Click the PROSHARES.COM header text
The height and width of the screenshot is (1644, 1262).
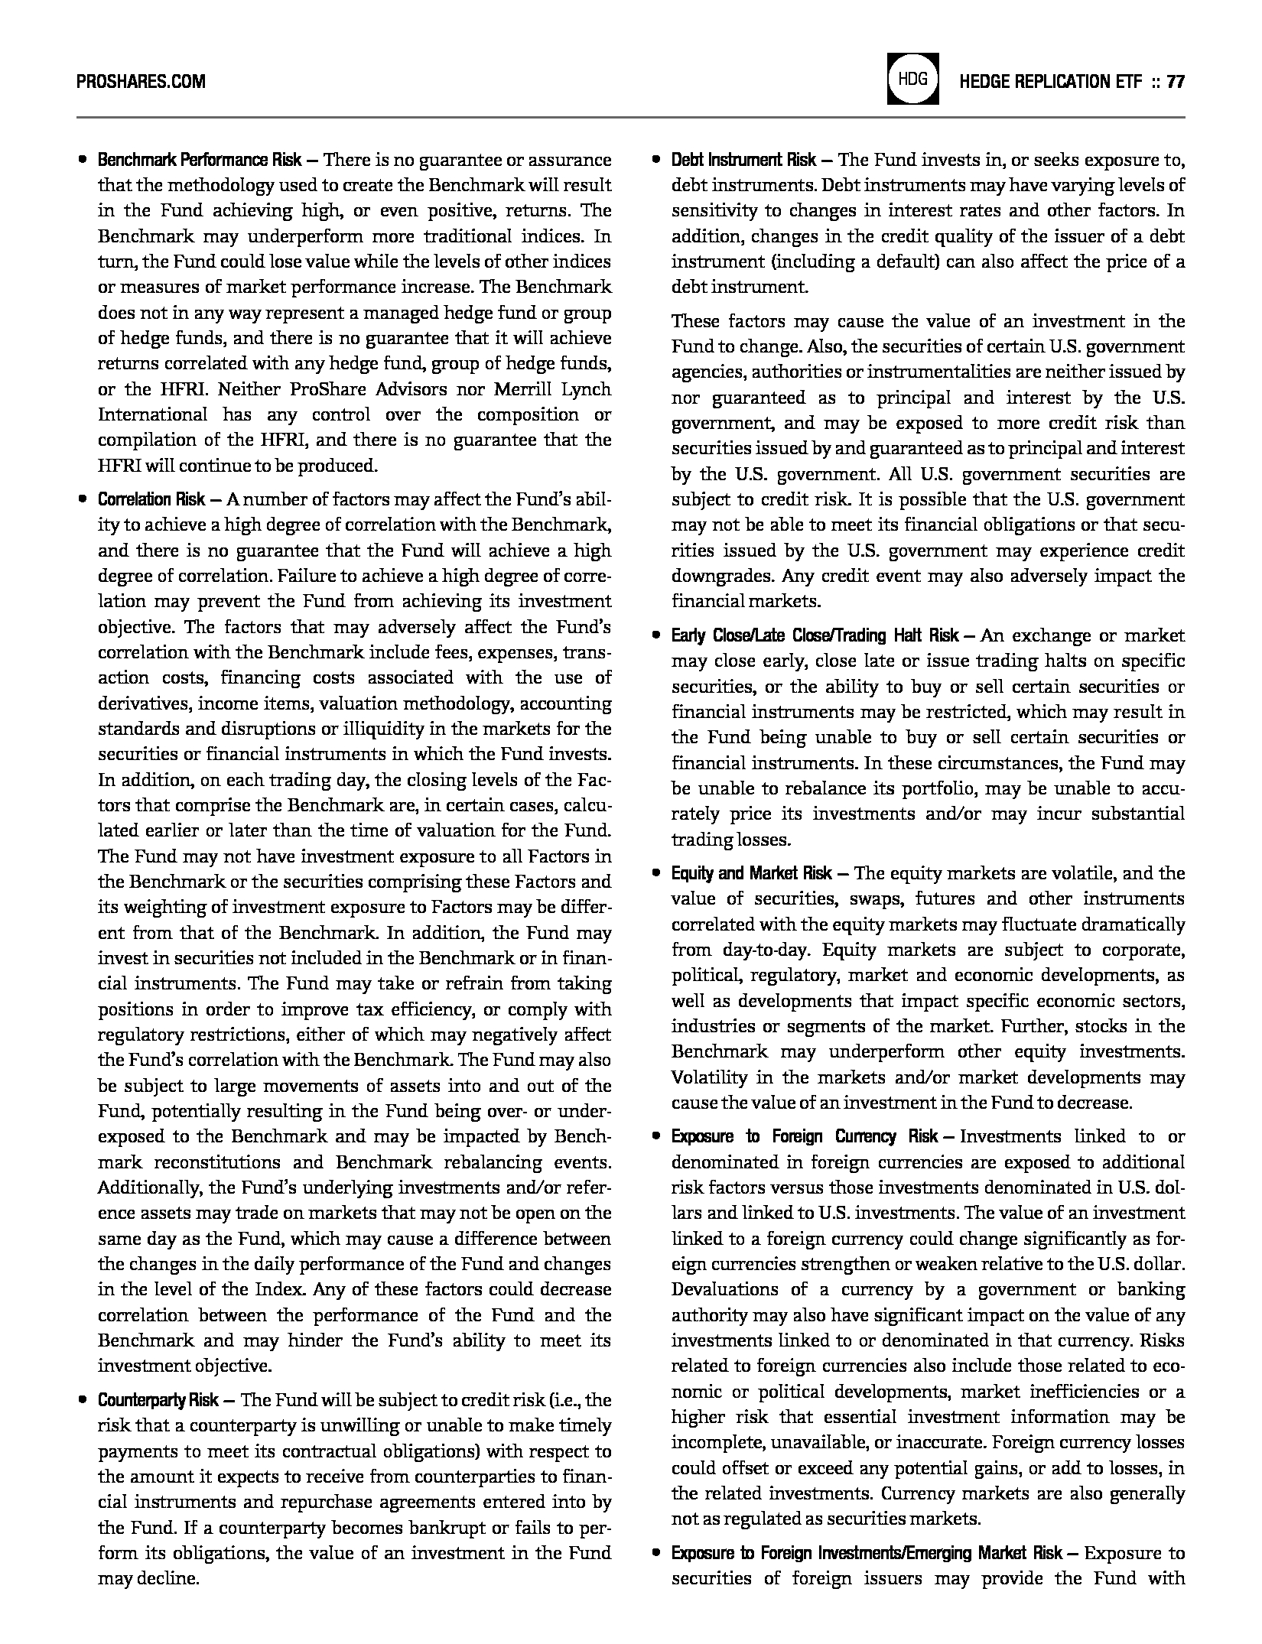click(141, 82)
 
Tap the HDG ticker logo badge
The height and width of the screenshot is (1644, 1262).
click(912, 79)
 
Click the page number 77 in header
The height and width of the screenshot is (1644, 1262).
click(1176, 82)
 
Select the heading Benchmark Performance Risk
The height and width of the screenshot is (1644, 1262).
click(199, 161)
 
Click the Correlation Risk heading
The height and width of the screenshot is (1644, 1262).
click(151, 500)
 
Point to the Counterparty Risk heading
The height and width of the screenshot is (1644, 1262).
click(158, 1400)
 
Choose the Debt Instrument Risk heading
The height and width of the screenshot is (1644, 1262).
click(743, 161)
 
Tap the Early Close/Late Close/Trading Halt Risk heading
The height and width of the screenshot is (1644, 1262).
click(815, 635)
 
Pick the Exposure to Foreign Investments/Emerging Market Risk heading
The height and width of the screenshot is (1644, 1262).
click(867, 1553)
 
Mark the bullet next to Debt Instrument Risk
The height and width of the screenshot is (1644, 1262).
click(655, 161)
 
